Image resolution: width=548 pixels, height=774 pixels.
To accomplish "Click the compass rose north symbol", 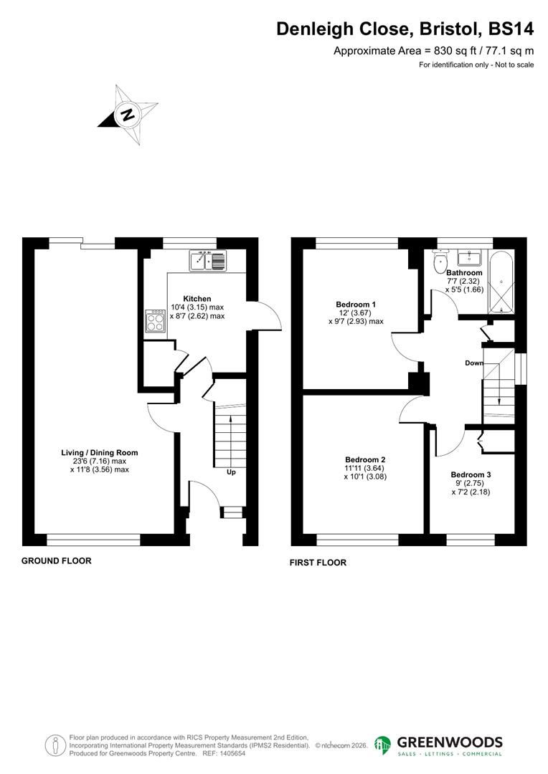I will (127, 115).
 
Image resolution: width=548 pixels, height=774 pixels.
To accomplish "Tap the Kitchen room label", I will (197, 298).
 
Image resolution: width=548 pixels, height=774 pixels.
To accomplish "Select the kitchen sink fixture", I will (207, 261).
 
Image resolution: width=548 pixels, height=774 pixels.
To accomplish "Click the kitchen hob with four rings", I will (155, 322).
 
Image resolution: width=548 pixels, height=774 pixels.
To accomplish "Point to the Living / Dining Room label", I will (100, 452).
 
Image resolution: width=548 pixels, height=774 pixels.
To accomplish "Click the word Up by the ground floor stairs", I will (230, 472).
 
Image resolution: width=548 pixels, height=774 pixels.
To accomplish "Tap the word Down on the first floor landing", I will (473, 363).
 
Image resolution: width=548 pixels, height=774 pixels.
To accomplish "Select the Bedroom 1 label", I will (356, 305).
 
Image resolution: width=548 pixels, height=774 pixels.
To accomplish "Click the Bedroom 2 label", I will (365, 459).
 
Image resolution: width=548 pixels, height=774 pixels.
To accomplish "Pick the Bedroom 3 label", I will (471, 474).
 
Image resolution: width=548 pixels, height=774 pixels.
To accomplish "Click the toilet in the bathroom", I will (439, 262).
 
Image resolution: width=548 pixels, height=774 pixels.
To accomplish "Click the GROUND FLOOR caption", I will (57, 560).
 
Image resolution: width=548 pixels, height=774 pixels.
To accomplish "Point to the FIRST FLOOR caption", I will (318, 563).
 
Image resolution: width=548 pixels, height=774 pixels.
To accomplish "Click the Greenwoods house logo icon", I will (383, 745).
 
